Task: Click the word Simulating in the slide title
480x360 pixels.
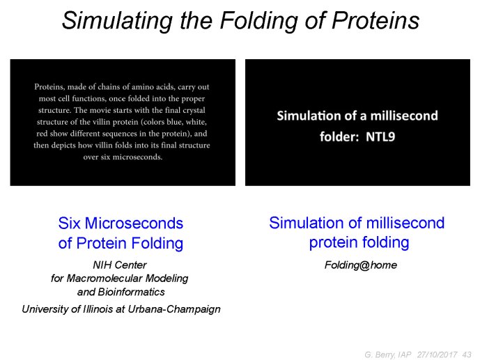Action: click(117, 21)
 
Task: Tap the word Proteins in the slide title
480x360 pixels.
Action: click(376, 20)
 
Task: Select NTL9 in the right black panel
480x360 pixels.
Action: click(380, 136)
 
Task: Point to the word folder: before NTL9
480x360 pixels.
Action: click(339, 136)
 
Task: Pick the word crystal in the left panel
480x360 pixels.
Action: click(194, 110)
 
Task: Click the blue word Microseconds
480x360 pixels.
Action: click(134, 223)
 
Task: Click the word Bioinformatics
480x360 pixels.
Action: click(132, 292)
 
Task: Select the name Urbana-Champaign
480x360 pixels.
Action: click(174, 309)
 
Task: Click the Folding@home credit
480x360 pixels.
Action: click(361, 265)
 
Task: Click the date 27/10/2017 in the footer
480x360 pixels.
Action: click(437, 354)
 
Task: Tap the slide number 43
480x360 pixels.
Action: click(467, 354)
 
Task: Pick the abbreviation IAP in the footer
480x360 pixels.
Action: click(405, 354)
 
